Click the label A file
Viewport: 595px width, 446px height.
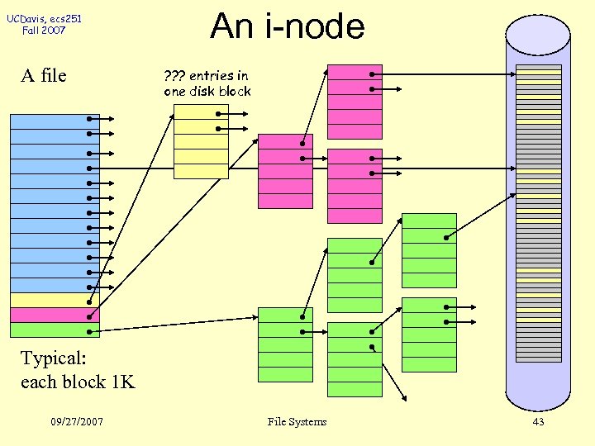[43, 76]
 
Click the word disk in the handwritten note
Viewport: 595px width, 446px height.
[202, 91]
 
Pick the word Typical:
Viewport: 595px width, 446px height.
[54, 358]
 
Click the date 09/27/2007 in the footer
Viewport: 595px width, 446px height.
[76, 422]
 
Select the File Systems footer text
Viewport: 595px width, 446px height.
[297, 422]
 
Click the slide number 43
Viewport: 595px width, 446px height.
[538, 422]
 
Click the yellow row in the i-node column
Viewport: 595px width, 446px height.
[55, 301]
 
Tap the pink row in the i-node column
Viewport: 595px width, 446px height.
[55, 316]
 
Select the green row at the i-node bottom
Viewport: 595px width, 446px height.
[55, 330]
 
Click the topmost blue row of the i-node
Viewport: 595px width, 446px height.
[55, 121]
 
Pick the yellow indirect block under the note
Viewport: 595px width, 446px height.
[201, 141]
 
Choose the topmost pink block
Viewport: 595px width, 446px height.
[355, 102]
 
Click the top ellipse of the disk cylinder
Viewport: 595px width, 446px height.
[538, 35]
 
